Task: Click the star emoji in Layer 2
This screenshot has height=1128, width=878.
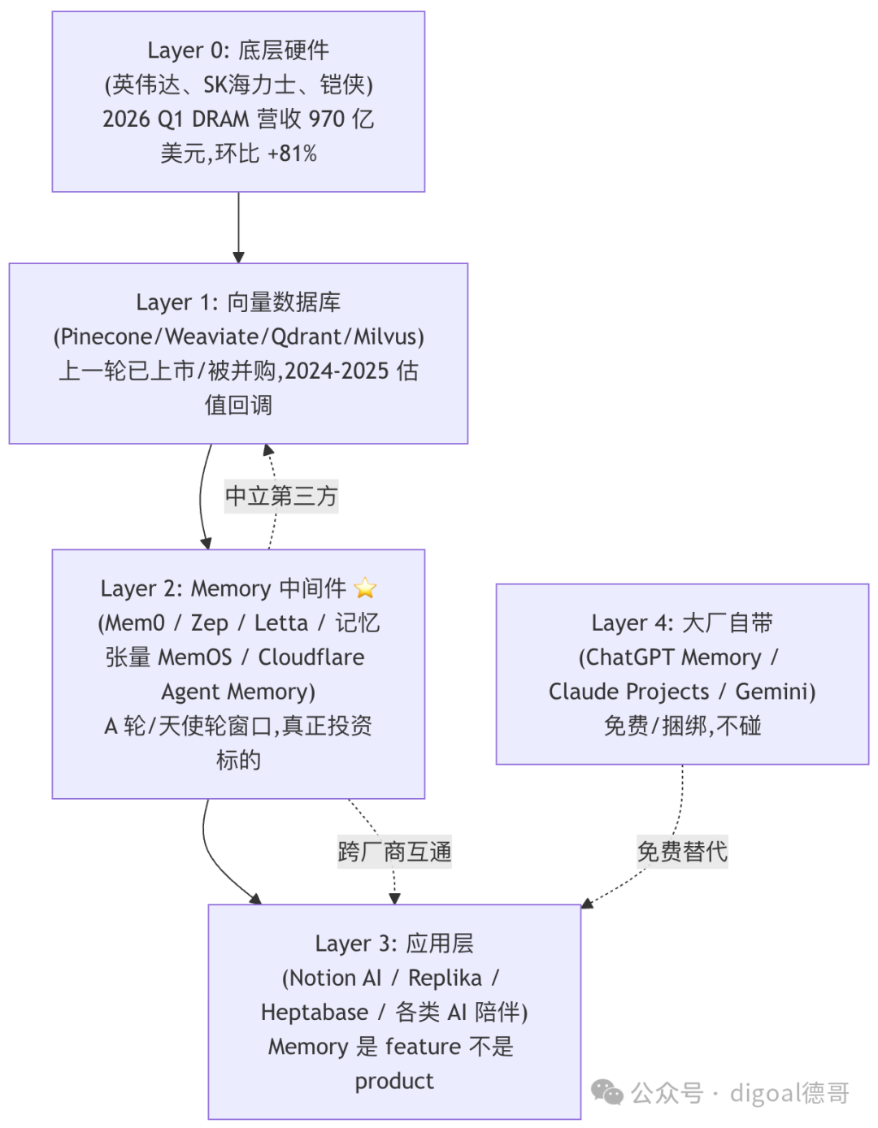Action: (364, 588)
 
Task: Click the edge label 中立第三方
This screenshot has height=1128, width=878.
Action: (281, 497)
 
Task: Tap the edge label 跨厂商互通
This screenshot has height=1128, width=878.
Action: (394, 852)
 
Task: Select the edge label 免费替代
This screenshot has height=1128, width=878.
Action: (682, 852)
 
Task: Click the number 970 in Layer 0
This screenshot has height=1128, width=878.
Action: (327, 119)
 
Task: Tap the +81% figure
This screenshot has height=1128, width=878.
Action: (293, 154)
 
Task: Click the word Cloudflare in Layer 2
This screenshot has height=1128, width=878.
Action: (311, 657)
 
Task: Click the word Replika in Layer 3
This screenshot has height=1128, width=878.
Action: (445, 978)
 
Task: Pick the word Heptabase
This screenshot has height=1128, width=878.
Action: (315, 1013)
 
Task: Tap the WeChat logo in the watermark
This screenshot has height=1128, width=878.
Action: (607, 1091)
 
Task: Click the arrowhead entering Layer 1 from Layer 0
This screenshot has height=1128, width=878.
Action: (238, 258)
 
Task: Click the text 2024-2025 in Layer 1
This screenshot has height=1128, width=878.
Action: (337, 371)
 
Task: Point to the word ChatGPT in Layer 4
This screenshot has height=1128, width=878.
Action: (629, 657)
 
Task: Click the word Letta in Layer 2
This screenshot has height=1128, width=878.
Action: (281, 623)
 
